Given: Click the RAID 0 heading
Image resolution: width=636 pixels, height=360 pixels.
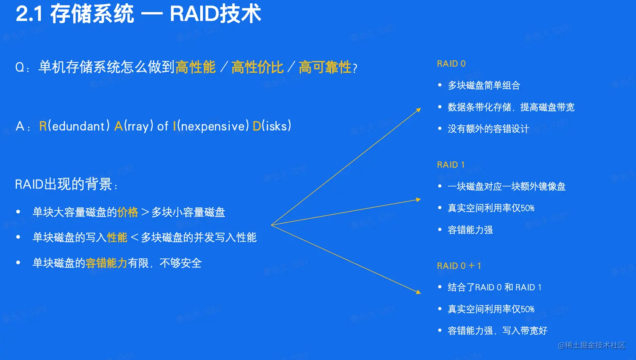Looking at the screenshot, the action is click(x=451, y=64).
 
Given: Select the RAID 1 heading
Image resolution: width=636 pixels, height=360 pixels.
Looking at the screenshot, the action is click(x=450, y=165).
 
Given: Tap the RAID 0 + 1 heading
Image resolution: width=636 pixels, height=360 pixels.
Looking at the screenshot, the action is click(x=459, y=266).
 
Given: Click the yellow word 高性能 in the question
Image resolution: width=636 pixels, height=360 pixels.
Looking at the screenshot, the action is click(x=195, y=67).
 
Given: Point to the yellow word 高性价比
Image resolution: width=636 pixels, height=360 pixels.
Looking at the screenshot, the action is click(x=257, y=67).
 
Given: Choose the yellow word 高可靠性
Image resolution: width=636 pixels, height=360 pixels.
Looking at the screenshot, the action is click(x=325, y=67).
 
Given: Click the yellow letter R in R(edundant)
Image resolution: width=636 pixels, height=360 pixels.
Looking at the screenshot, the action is click(x=43, y=126).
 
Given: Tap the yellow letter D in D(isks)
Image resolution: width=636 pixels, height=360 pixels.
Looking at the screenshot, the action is click(x=257, y=126).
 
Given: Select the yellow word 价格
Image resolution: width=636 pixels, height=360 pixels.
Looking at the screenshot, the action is click(x=128, y=212).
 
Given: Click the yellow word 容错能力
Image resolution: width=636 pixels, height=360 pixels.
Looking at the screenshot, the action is click(x=106, y=263).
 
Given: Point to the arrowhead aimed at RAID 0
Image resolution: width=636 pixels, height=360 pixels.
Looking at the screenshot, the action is click(x=419, y=110).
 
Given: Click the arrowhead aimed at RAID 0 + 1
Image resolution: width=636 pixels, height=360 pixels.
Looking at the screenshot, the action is click(x=419, y=292).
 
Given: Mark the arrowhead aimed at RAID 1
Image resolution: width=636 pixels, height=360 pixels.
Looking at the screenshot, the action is click(x=419, y=200).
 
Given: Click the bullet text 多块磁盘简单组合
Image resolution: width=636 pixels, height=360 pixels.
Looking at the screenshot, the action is click(x=484, y=85).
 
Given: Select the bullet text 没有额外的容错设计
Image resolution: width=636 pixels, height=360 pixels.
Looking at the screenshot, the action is click(x=488, y=129).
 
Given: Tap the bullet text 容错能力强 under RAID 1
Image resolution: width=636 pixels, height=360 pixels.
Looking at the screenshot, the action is click(x=470, y=230).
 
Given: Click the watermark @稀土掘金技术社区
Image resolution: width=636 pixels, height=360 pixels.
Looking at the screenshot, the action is click(x=592, y=345).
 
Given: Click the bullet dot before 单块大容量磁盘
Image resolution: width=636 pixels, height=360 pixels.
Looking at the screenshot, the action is click(x=19, y=212).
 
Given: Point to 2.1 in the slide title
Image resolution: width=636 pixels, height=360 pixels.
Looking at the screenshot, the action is click(x=29, y=14).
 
